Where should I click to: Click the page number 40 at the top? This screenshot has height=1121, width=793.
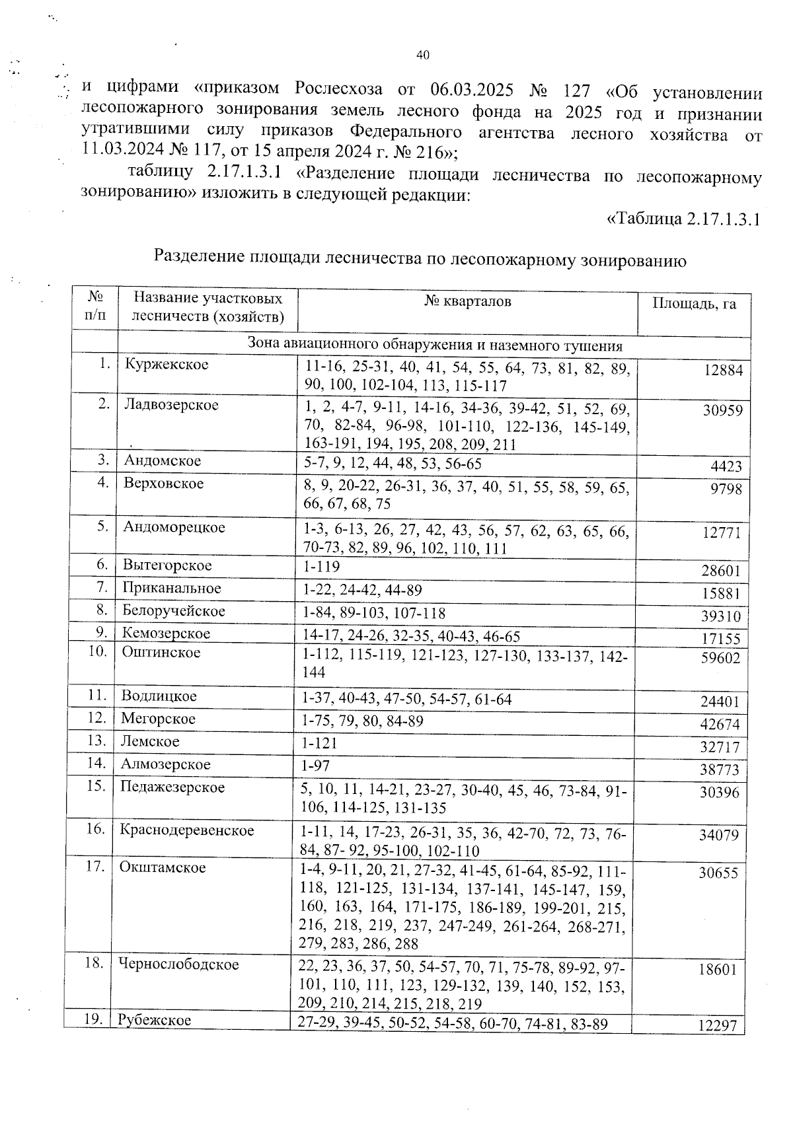(x=424, y=55)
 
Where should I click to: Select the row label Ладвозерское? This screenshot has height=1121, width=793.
(x=171, y=404)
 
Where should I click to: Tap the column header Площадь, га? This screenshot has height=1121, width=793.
(x=694, y=304)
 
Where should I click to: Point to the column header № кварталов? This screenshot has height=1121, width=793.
(x=467, y=302)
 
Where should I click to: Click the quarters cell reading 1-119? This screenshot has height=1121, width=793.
(x=321, y=566)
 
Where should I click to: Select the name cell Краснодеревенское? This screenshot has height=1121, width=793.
(x=187, y=830)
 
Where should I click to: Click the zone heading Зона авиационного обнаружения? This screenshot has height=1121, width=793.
(x=434, y=345)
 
